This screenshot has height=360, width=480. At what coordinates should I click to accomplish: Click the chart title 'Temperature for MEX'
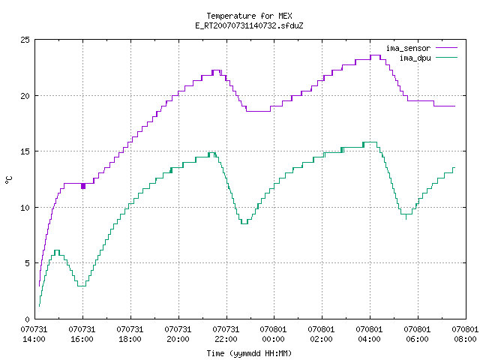point(249,16)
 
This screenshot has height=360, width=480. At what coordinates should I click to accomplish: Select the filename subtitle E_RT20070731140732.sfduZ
point(249,25)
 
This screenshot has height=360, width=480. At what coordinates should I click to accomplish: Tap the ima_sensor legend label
point(408,48)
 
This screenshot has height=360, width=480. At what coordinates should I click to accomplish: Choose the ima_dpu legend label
point(415,58)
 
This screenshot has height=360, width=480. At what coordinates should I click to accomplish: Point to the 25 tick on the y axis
point(25,40)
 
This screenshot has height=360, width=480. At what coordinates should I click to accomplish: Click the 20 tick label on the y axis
point(25,96)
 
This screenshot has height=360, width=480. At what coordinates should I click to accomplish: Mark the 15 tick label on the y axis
point(25,151)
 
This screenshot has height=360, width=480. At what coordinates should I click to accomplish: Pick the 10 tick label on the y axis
point(25,208)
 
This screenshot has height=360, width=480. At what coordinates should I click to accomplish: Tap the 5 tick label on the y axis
point(28,263)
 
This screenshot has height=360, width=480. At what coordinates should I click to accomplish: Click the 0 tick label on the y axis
point(28,319)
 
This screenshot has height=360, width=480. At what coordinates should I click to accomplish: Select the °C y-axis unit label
point(8,180)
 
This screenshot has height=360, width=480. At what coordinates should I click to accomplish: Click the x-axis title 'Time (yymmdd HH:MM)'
point(249,353)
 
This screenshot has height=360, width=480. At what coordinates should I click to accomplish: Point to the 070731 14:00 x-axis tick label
point(34,334)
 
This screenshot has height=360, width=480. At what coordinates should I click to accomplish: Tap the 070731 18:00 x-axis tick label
point(130,334)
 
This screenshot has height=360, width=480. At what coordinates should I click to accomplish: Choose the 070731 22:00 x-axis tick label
point(226,334)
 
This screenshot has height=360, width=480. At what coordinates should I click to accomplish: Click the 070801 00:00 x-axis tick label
point(273,334)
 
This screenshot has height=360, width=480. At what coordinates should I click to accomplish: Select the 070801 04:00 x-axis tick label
point(369,334)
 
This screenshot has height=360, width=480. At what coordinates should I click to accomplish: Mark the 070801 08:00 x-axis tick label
point(465,334)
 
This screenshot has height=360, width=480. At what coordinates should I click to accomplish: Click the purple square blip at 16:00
point(83,186)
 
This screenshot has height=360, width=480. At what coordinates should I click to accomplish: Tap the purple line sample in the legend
point(447,48)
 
